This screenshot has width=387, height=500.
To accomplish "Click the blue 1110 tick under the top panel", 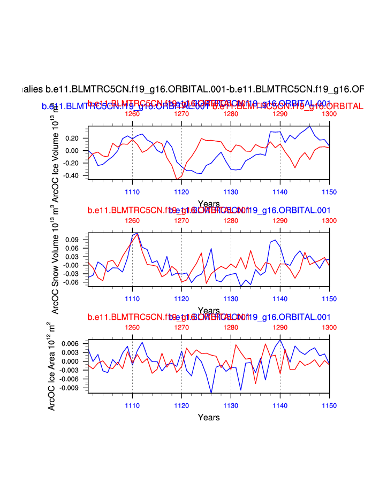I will [x=132, y=191].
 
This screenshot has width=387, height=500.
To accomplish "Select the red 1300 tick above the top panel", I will [x=329, y=114].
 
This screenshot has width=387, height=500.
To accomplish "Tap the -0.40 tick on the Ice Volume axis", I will [x=72, y=175].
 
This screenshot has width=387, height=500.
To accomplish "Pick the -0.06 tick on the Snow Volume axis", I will [x=72, y=282].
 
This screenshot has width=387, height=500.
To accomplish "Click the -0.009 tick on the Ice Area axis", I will [x=70, y=388].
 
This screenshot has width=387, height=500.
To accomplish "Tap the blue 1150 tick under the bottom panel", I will [x=329, y=404].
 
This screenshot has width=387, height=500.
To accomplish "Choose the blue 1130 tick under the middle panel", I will [x=231, y=297].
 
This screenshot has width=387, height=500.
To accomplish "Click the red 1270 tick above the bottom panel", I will [x=181, y=327].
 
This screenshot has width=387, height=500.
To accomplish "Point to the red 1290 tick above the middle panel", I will [x=280, y=220].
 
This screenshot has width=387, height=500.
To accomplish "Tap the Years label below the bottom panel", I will [x=208, y=417].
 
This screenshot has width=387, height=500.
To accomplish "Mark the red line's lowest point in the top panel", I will [x=177, y=180].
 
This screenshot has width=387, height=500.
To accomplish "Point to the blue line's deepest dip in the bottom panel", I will [x=211, y=393].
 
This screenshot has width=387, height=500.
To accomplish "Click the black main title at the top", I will [x=193, y=89].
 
